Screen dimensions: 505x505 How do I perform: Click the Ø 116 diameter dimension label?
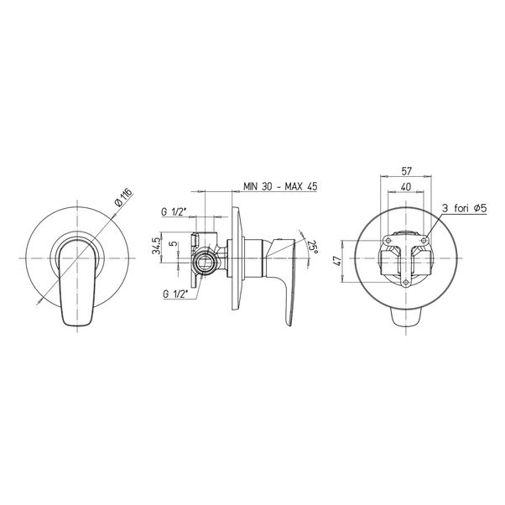(123, 198)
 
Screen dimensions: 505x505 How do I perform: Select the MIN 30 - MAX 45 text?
(280, 186)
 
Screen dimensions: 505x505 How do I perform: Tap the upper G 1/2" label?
(174, 212)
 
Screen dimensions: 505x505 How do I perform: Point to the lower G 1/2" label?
(175, 294)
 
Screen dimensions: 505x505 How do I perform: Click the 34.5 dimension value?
(156, 246)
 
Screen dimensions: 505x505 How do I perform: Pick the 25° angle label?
(312, 247)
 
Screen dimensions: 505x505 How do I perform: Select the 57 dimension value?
(407, 171)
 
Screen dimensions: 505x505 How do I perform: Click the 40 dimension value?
(406, 186)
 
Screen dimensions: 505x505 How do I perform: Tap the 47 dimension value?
(337, 261)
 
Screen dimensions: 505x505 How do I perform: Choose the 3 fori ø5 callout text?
(464, 208)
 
